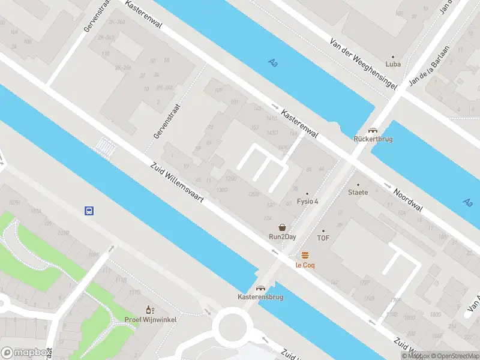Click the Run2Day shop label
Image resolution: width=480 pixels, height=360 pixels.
click(282, 236)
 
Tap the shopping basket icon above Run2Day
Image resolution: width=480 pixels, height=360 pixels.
click(282, 227)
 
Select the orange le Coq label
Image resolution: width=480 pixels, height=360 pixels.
click(305, 265)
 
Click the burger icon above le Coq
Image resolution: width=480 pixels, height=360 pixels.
click(305, 255)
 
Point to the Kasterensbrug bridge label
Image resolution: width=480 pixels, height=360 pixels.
click(260, 297)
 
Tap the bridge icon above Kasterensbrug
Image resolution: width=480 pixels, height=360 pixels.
click(260, 288)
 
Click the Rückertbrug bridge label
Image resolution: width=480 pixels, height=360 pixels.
click(373, 139)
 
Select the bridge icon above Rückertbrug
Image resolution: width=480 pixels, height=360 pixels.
click(373, 130)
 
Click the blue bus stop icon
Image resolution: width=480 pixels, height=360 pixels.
click(89, 211)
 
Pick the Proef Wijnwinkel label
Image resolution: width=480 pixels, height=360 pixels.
click(151, 319)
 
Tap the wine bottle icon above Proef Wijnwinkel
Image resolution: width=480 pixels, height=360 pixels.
click(150, 310)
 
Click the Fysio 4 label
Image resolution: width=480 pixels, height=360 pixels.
click(308, 202)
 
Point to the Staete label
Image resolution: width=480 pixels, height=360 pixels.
click(358, 193)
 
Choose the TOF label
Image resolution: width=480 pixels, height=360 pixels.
click(323, 238)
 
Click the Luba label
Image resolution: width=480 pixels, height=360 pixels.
click(393, 64)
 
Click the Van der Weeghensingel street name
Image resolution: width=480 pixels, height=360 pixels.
click(364, 65)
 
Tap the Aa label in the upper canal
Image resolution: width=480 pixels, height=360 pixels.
click(274, 62)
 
